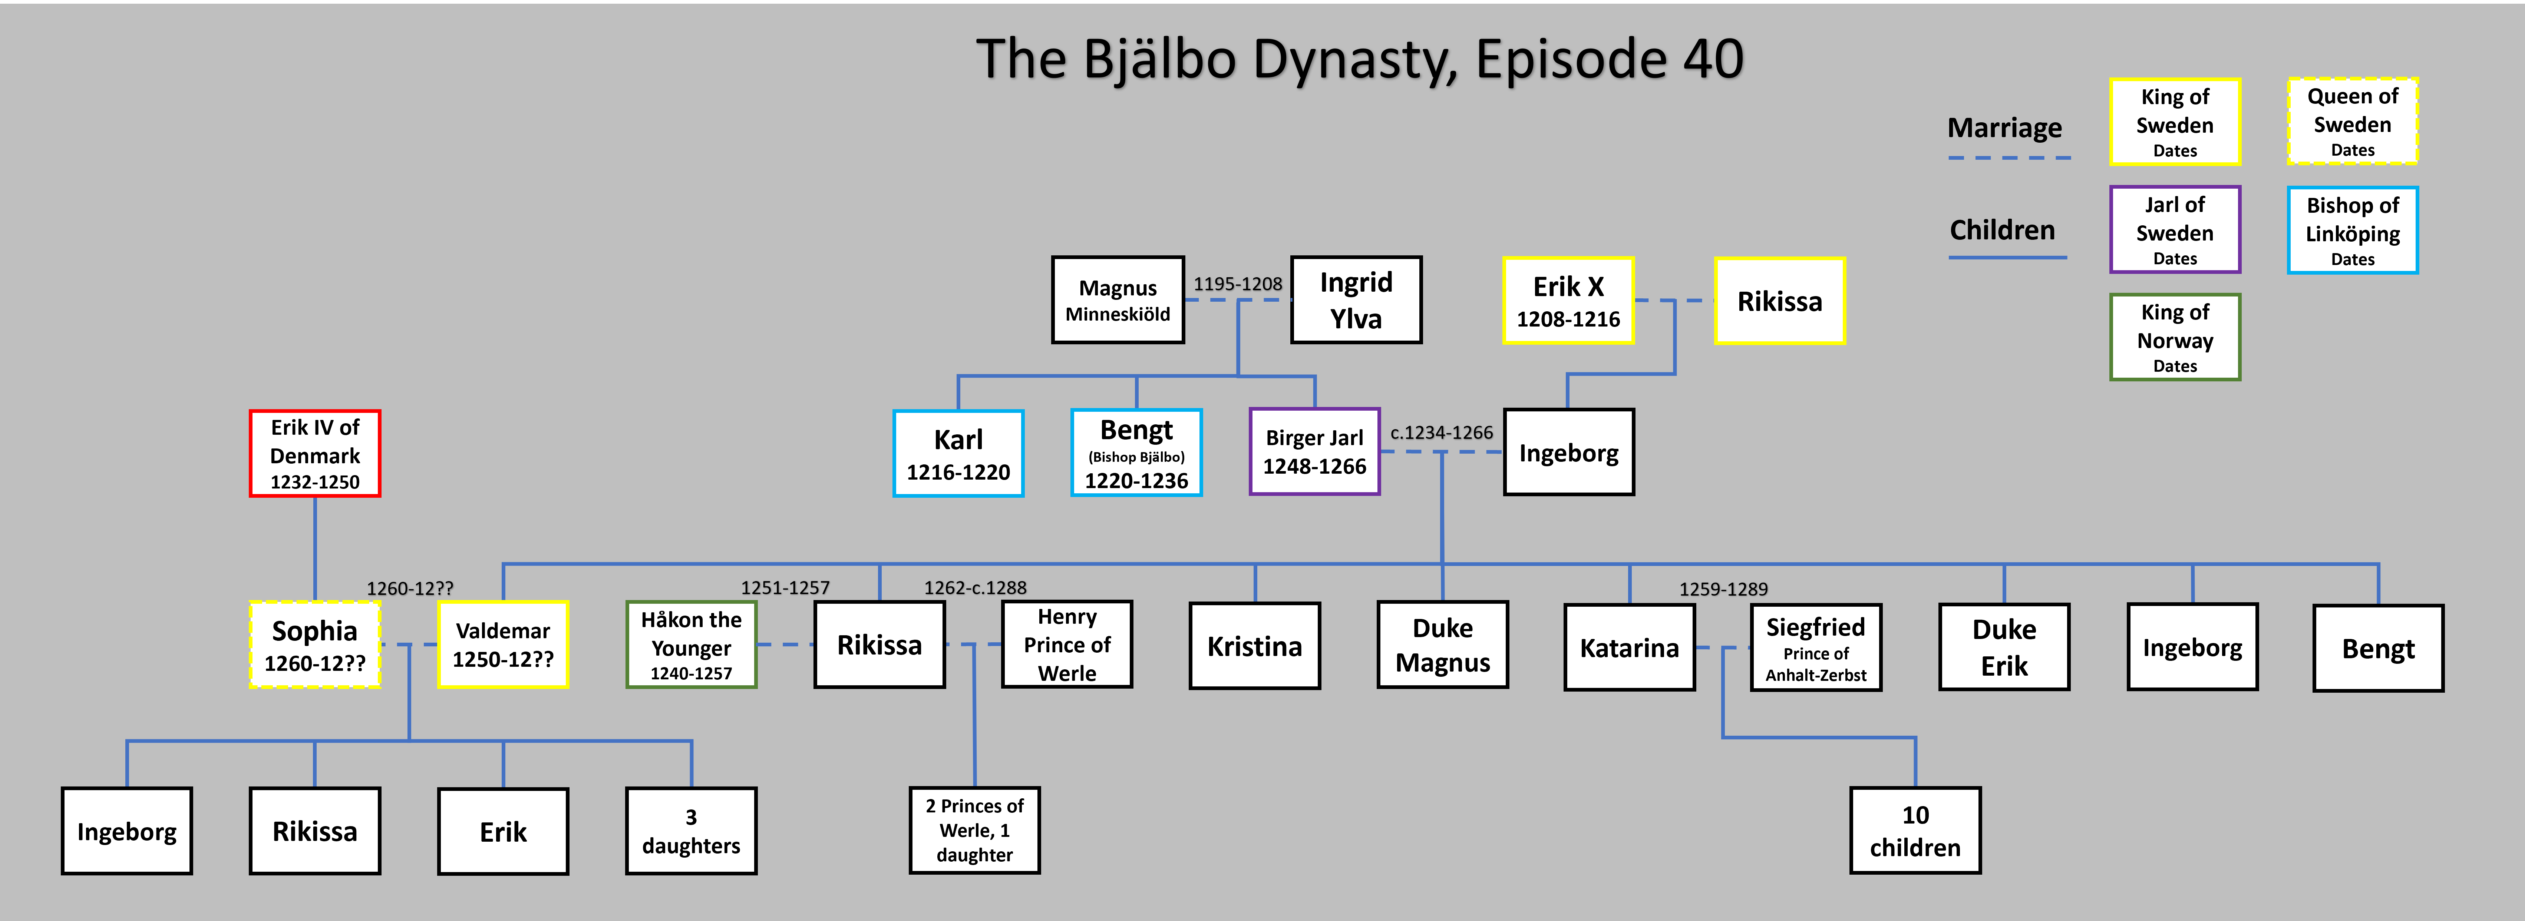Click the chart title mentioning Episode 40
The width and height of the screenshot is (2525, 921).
tap(1360, 59)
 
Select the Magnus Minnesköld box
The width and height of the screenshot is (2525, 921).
tap(1118, 300)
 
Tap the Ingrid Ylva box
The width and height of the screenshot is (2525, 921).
tap(1356, 300)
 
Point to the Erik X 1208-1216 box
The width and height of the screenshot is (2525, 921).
tap(1568, 301)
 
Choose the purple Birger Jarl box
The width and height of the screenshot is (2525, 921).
tap(1314, 452)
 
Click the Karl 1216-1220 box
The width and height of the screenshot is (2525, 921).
tap(958, 454)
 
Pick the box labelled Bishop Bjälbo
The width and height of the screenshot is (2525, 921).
tap(1136, 454)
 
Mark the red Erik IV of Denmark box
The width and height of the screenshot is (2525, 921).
tap(315, 454)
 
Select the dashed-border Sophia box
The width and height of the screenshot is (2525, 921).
tap(315, 645)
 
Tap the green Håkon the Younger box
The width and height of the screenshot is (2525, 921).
tap(691, 645)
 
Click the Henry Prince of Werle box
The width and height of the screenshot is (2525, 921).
tap(1066, 645)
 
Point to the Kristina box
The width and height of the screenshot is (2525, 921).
tap(1255, 646)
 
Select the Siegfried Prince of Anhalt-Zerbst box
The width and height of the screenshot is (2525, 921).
tap(1815, 647)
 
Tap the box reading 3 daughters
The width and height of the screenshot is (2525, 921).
tap(691, 831)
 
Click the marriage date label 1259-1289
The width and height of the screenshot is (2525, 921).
tap(1723, 589)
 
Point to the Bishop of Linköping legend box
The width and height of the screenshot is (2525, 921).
tap(2353, 230)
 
